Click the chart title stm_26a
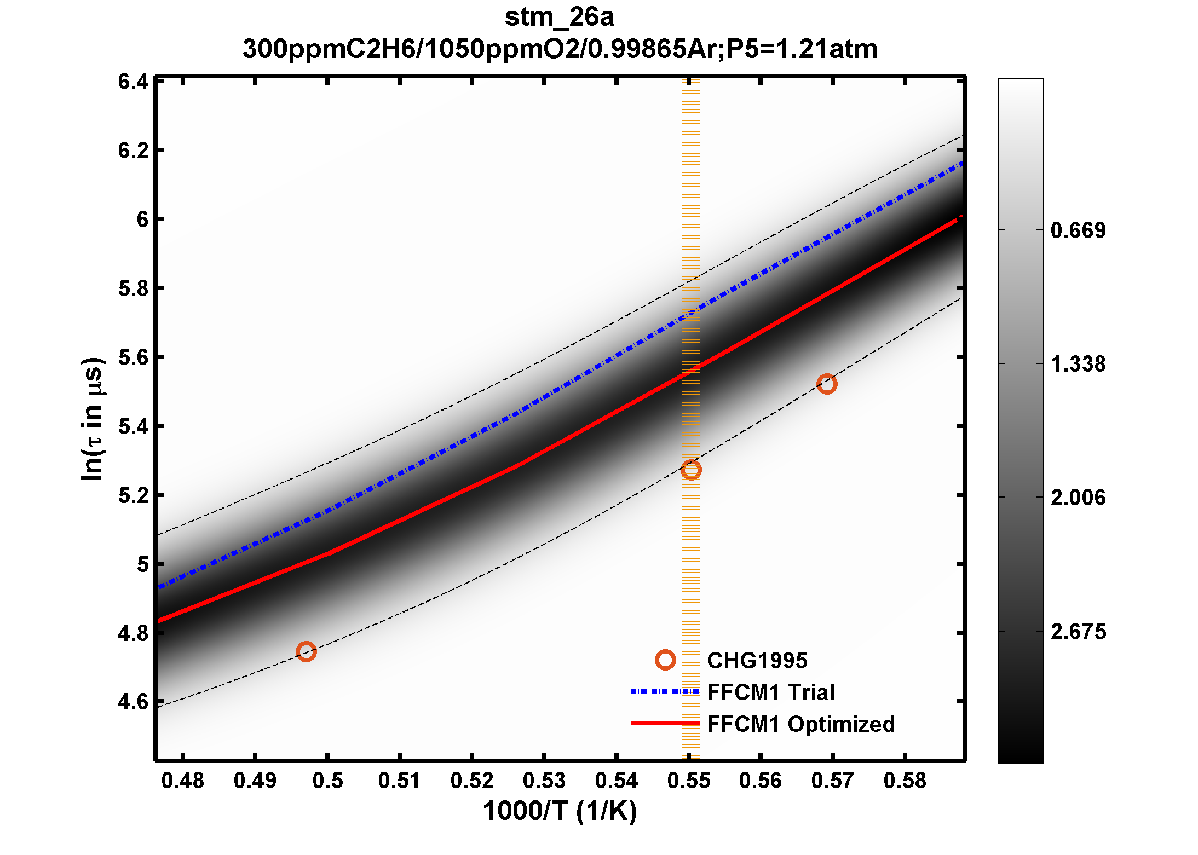pyautogui.click(x=559, y=18)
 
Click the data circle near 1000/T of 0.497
pyautogui.click(x=306, y=651)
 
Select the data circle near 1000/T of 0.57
pyautogui.click(x=826, y=384)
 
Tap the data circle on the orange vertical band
pyautogui.click(x=691, y=470)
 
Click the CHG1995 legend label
pyautogui.click(x=757, y=660)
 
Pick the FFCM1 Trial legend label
pyautogui.click(x=770, y=692)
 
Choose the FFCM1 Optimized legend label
pyautogui.click(x=800, y=724)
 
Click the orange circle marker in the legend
pyautogui.click(x=665, y=660)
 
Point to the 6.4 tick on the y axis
pyautogui.click(x=133, y=82)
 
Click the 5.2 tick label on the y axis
pyautogui.click(x=133, y=495)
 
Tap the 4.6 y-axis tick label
pyautogui.click(x=133, y=702)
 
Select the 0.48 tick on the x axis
pyautogui.click(x=183, y=781)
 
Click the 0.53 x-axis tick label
pyautogui.click(x=544, y=781)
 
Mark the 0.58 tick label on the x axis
pyautogui.click(x=905, y=781)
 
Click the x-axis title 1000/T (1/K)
pyautogui.click(x=560, y=811)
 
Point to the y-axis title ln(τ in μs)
pyautogui.click(x=92, y=419)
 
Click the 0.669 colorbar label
pyautogui.click(x=1078, y=230)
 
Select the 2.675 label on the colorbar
pyautogui.click(x=1078, y=632)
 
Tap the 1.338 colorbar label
pyautogui.click(x=1078, y=364)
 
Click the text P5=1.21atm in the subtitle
pyautogui.click(x=802, y=49)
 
